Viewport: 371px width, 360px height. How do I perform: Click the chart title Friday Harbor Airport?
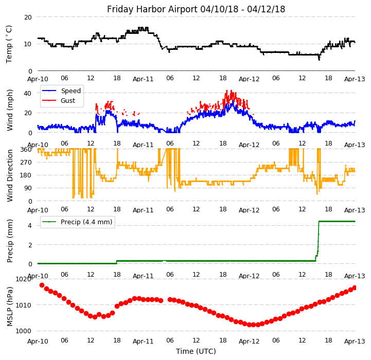pyautogui.click(x=196, y=9)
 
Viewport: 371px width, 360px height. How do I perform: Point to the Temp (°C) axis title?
pyautogui.click(x=9, y=44)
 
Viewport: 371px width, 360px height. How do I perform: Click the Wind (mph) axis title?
pyautogui.click(x=10, y=110)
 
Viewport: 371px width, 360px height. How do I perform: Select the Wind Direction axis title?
pyautogui.click(x=10, y=175)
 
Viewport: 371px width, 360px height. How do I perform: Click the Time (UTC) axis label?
pyautogui.click(x=196, y=351)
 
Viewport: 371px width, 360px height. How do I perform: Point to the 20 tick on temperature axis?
pyautogui.click(x=28, y=17)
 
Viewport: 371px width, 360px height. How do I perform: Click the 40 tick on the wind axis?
pyautogui.click(x=28, y=93)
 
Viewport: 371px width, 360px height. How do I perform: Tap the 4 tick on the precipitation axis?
pyautogui.click(x=30, y=225)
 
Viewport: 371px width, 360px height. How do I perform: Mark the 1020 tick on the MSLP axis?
pyautogui.click(x=24, y=279)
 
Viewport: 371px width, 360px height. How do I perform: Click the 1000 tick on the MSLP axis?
pyautogui.click(x=24, y=331)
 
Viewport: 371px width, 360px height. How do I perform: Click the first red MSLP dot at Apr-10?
pyautogui.click(x=42, y=285)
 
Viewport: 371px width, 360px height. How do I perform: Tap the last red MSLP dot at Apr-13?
pyautogui.click(x=355, y=287)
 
